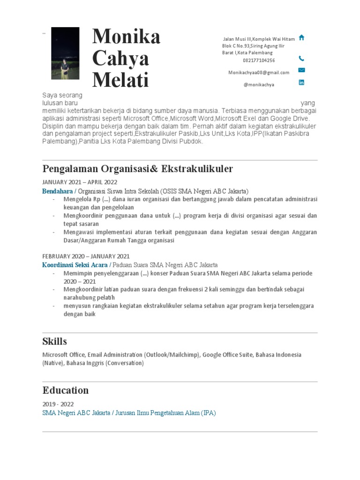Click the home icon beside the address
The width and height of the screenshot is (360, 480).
(301, 38)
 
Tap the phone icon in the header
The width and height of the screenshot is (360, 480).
(301, 59)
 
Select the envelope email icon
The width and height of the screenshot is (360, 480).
(301, 70)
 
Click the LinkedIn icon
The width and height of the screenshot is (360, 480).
(301, 82)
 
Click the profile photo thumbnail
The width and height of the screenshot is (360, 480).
(65, 53)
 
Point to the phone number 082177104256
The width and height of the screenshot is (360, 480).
(259, 60)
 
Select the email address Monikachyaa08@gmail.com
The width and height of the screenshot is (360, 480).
(259, 73)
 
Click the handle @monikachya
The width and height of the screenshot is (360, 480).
(259, 85)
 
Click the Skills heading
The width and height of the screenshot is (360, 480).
(55, 341)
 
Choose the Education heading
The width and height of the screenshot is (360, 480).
(66, 390)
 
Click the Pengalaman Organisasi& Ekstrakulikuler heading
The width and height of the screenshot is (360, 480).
(137, 168)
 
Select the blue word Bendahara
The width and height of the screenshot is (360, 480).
(57, 191)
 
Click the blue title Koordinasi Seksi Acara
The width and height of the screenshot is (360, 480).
(74, 265)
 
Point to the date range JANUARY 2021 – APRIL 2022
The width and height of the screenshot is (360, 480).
(80, 182)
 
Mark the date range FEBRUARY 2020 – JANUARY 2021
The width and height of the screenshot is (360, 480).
(86, 256)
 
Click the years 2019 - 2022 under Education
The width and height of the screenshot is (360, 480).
(58, 404)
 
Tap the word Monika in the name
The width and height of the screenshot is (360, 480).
(126, 37)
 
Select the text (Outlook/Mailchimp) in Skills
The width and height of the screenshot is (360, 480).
(172, 355)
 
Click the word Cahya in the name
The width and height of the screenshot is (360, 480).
(120, 58)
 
